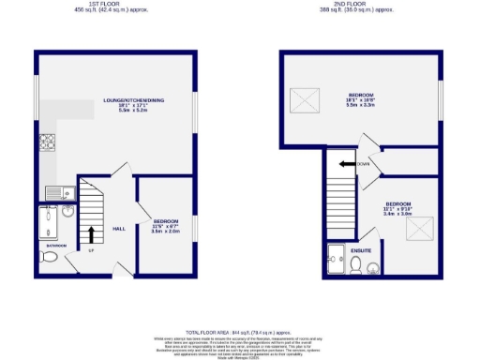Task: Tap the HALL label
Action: (x=119, y=228)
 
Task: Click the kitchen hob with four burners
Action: (x=46, y=143)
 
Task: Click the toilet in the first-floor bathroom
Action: (x=50, y=256)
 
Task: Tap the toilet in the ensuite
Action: (x=355, y=266)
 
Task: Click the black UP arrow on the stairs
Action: (x=91, y=233)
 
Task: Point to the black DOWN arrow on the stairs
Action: (x=346, y=163)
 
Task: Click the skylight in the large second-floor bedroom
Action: (x=305, y=97)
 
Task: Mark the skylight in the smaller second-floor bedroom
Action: (x=423, y=229)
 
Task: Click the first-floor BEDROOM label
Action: (x=165, y=220)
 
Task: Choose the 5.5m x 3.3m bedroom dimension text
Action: (x=362, y=106)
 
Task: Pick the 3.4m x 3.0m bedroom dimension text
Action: (x=398, y=214)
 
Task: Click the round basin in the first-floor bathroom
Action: (x=67, y=211)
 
